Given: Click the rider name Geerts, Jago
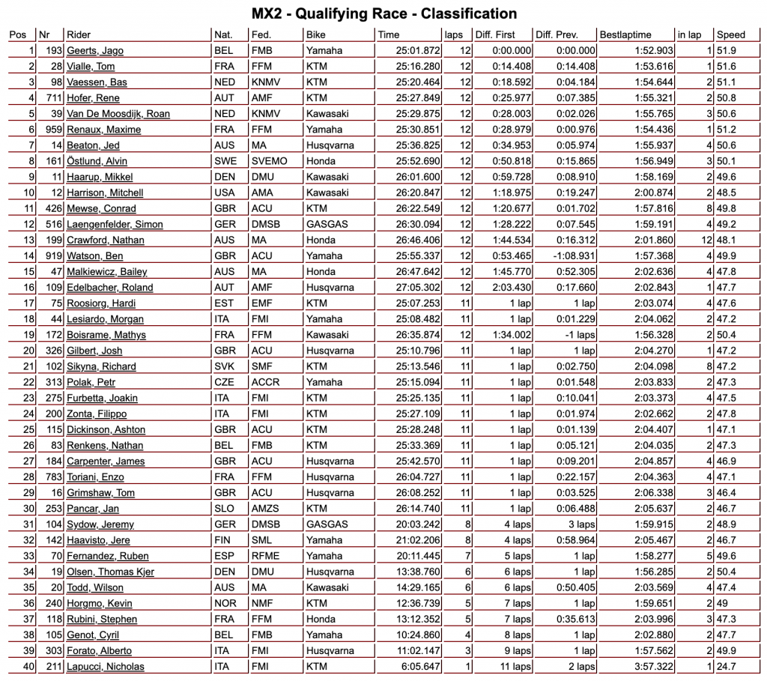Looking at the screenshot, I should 95,51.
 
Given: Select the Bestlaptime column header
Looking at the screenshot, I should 625,35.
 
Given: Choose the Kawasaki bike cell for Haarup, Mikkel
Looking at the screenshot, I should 328,177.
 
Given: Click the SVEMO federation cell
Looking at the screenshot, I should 267,161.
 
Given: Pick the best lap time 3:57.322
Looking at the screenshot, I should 651,667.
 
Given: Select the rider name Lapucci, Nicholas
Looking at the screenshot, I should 106,667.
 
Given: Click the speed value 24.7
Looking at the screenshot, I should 727,667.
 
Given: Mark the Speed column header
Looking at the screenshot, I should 730,35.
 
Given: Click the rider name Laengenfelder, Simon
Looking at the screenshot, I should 115,224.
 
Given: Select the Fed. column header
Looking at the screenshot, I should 261,35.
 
